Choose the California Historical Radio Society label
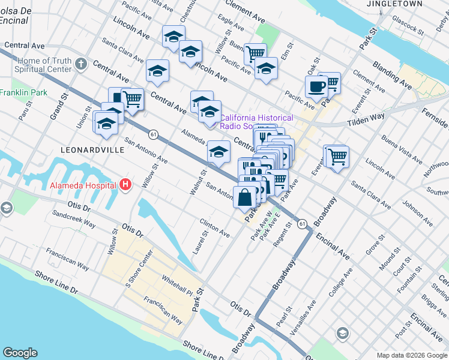(x=256, y=122)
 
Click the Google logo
(x=20, y=353)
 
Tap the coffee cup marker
(x=316, y=86)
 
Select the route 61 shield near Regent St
(x=303, y=223)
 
